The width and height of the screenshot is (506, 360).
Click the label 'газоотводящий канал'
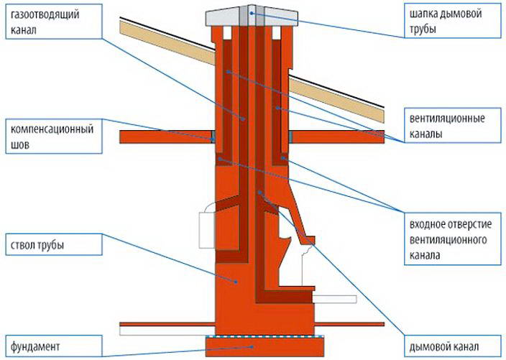[54, 22]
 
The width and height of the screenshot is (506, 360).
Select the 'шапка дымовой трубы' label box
[452, 22]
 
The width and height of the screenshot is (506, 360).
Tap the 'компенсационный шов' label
[54, 136]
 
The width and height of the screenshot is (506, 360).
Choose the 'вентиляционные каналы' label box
[452, 126]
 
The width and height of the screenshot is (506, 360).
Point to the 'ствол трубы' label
[54, 244]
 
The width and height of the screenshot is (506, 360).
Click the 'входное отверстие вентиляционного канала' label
[452, 239]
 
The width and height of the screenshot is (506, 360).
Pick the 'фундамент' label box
[54, 346]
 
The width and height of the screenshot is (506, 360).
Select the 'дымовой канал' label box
[452, 346]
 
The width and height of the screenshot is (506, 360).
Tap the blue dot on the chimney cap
[252, 13]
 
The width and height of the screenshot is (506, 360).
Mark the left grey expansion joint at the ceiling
[213, 137]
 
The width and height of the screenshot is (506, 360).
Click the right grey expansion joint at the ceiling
[291, 137]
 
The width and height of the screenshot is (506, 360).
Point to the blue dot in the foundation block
[252, 347]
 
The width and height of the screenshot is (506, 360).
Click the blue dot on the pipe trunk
[236, 282]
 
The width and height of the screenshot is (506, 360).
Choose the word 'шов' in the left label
[20, 144]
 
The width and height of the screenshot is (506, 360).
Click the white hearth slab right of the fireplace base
[335, 299]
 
